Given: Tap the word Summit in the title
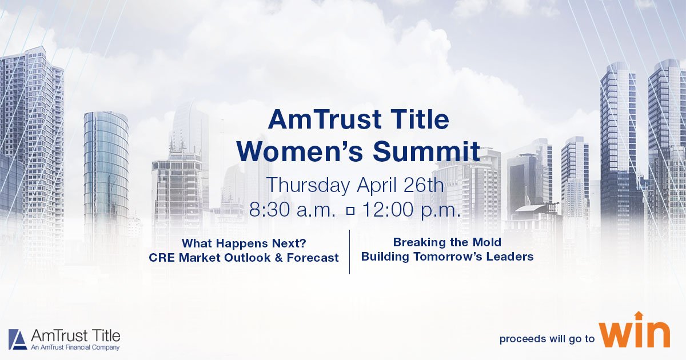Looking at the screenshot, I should tap(426, 151).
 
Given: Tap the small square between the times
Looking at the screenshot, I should tap(350, 210).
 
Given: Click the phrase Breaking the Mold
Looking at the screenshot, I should tap(447, 242).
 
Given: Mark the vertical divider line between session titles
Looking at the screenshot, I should tap(349, 251).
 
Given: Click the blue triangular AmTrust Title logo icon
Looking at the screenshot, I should tap(18, 339).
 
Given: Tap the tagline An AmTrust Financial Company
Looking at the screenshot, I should tap(67, 347).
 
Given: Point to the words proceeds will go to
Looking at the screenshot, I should tap(547, 339).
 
